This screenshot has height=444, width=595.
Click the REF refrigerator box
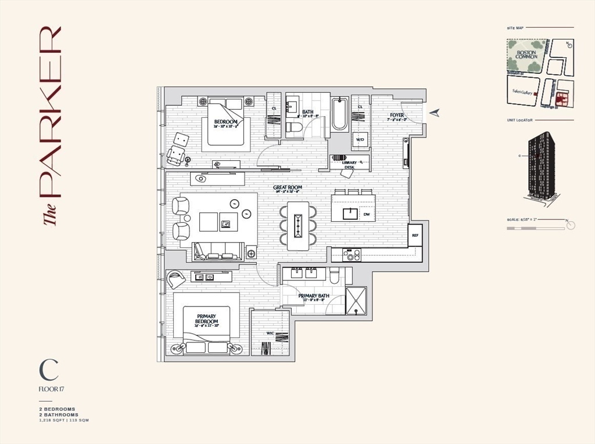[x=415, y=235]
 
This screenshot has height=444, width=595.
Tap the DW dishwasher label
[x=367, y=215]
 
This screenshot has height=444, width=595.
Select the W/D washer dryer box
[x=360, y=140]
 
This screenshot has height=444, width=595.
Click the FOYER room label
[x=396, y=115]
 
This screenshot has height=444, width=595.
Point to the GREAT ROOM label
[x=286, y=187]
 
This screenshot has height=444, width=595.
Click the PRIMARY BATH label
[x=314, y=296]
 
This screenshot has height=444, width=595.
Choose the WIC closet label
[x=270, y=333]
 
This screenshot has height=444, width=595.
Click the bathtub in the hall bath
[x=339, y=114]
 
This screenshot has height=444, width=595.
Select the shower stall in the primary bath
[x=356, y=301]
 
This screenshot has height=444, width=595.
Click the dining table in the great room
[x=298, y=226]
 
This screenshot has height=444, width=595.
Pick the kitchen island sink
[x=350, y=213]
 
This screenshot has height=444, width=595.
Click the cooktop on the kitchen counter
[x=352, y=254]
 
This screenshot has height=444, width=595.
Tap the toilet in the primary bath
[x=334, y=276]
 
